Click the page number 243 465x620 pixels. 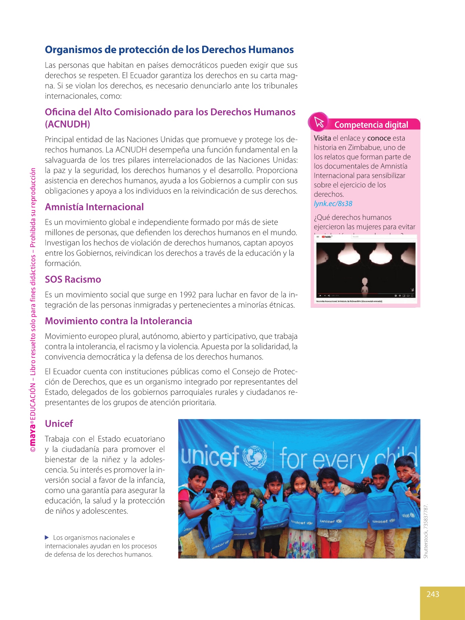point(433,594)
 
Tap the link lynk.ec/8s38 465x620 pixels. point(333,204)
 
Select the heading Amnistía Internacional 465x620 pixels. point(94,207)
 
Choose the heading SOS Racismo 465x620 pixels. point(73,279)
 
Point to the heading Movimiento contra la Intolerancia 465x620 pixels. point(118,321)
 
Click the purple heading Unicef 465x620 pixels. point(59,424)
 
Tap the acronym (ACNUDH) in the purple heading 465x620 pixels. point(68,124)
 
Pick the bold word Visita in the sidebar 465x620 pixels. point(322,138)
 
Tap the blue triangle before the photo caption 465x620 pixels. point(47,537)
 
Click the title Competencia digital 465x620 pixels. point(371,125)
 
